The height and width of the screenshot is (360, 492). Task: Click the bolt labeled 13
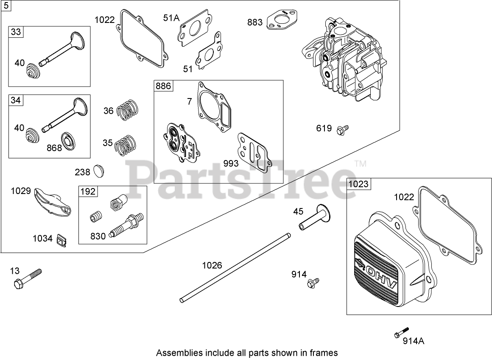pyautogui.click(x=27, y=278)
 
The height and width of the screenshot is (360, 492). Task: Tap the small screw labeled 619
pyautogui.click(x=342, y=129)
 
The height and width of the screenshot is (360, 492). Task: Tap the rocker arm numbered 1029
pyautogui.click(x=51, y=205)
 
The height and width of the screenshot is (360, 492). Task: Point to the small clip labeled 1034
pyautogui.click(x=61, y=240)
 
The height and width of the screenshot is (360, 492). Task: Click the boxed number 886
pyautogui.click(x=163, y=86)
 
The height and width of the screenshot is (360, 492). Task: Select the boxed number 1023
pyautogui.click(x=358, y=184)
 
